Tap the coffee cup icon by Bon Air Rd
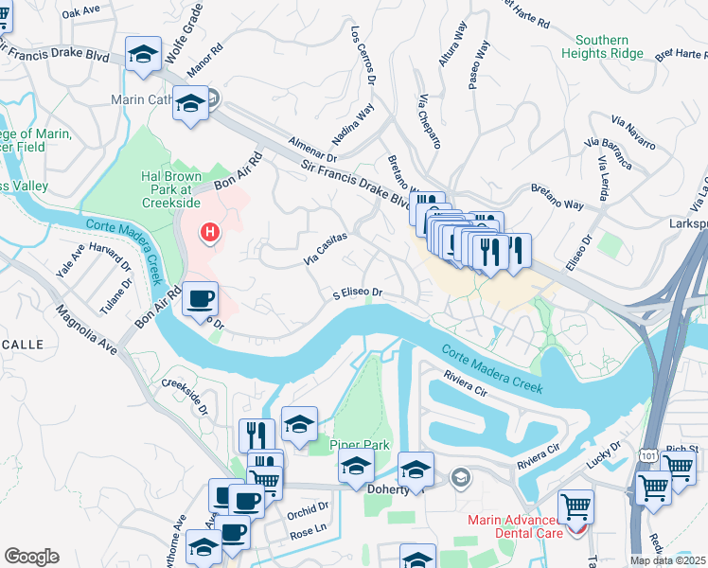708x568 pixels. pos(201,299)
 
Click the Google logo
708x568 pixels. pos(31,557)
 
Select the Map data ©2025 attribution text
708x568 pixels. pos(667,560)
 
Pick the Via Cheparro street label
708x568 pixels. pos(430,122)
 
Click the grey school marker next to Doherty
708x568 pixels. pos(460,476)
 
